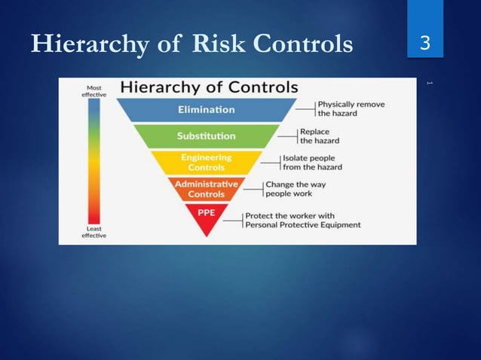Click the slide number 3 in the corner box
(424, 44)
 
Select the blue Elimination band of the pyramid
(206, 110)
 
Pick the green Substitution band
(206, 136)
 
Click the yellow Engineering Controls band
(206, 162)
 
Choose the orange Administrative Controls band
(206, 188)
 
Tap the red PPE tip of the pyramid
(206, 213)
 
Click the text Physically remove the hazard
(349, 108)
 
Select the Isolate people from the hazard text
(311, 162)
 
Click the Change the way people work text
(295, 188)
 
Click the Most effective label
(93, 91)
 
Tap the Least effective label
(93, 231)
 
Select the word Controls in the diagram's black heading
(255, 87)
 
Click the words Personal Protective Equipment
(302, 224)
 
